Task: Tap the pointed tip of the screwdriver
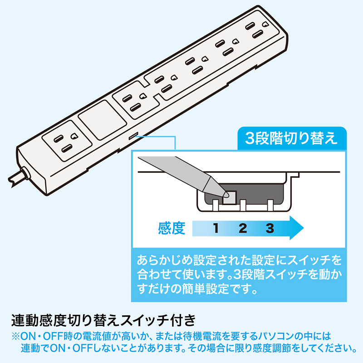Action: (x=226, y=194)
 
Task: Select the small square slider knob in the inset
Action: (x=231, y=196)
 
